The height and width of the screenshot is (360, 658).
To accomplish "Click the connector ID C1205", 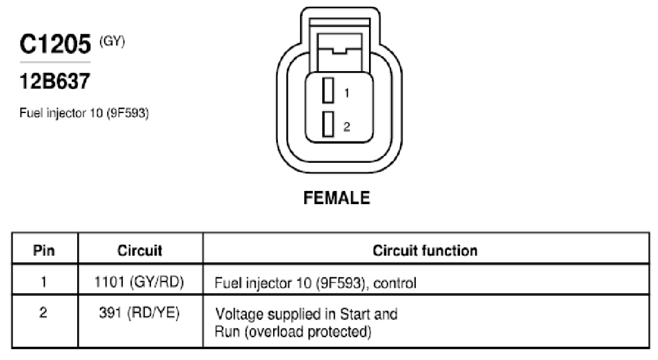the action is click(55, 44).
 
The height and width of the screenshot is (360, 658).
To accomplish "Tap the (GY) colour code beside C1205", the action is click(112, 41).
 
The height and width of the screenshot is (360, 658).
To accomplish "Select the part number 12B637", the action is click(55, 81).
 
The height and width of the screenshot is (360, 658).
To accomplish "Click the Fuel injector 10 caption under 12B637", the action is click(84, 113).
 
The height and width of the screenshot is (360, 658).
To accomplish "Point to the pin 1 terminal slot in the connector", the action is click(328, 90).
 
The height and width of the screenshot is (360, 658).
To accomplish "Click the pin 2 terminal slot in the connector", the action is click(328, 124).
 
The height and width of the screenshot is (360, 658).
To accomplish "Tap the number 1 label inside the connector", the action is click(347, 92).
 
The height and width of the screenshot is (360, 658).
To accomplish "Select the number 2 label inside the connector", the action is click(347, 126).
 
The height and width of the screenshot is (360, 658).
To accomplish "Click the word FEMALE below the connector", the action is click(337, 198).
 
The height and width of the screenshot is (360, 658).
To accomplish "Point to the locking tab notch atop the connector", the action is click(339, 51).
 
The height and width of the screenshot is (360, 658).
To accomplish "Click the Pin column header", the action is click(44, 250).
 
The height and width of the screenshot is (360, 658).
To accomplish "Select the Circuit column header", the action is click(140, 250).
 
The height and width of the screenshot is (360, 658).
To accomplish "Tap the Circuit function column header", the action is click(425, 250).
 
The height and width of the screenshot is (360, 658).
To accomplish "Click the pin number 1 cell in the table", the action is click(43, 281).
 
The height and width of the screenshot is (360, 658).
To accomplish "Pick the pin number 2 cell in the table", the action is click(43, 312).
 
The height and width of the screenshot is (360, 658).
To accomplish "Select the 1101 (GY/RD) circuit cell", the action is click(139, 282).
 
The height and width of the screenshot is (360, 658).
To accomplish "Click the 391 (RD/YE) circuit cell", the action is click(139, 312).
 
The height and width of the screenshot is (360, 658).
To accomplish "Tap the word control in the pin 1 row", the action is click(395, 283).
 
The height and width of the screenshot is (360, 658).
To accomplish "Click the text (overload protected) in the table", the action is click(308, 332).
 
